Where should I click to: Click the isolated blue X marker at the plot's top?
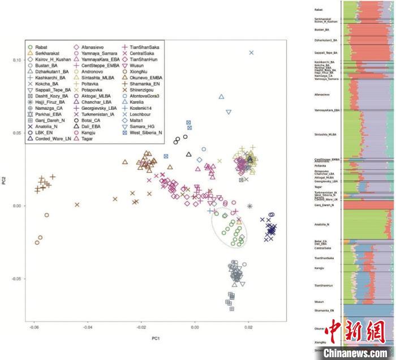(x=252, y=53)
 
